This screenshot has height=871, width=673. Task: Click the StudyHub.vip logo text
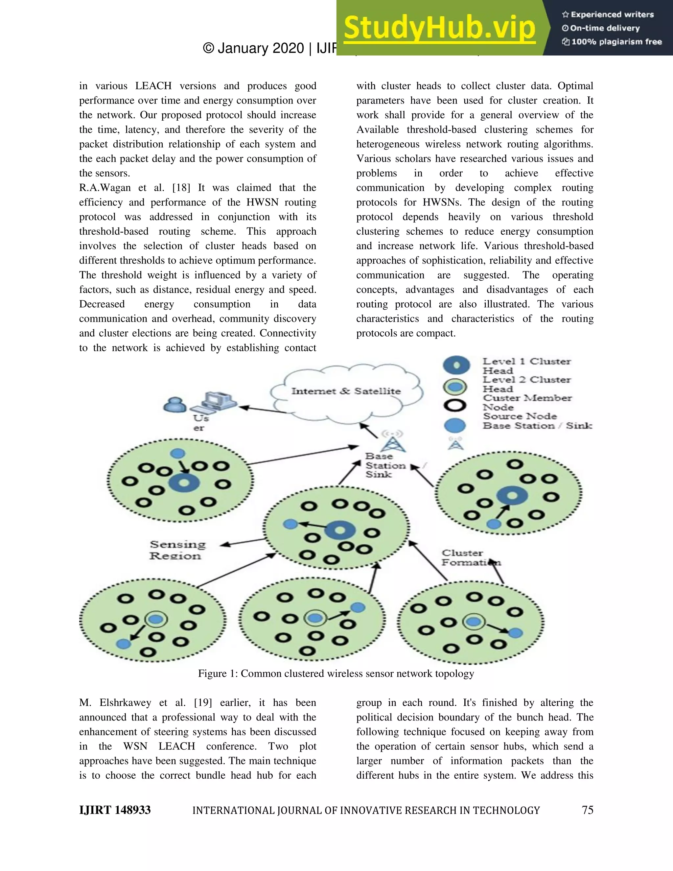point(439,28)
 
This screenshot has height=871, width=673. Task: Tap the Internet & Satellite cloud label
point(346,391)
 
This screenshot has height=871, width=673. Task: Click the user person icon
point(174,405)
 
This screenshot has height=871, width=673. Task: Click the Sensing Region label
point(177,550)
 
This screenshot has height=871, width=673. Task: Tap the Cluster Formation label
point(471,557)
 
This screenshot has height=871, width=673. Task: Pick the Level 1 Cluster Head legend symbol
point(456,365)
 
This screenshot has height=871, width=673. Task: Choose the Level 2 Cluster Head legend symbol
point(455,387)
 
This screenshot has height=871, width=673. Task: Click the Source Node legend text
point(520,416)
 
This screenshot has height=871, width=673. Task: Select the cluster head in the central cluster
point(340,530)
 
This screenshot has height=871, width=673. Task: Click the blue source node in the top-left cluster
point(177,454)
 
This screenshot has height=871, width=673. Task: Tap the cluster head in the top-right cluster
point(512,496)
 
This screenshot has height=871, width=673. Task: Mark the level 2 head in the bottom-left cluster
point(156,619)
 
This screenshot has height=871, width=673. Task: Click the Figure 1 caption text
point(336,673)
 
